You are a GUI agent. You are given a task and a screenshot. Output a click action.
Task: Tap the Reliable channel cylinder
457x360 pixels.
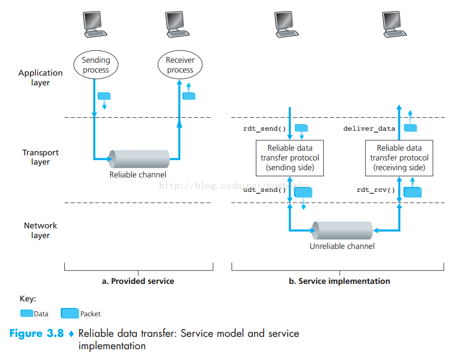tap(139, 159)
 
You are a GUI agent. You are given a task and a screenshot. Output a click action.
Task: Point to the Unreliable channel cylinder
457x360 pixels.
tap(342, 230)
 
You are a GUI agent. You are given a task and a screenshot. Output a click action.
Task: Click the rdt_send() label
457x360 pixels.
tap(265, 129)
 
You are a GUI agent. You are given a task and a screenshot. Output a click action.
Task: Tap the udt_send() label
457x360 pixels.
tap(265, 190)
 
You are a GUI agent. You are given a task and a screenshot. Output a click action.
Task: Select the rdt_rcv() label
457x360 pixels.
tap(376, 190)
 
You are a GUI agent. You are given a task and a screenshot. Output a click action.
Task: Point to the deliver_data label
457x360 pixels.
tap(369, 129)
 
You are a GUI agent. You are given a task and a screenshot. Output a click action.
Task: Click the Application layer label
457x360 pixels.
tap(41, 78)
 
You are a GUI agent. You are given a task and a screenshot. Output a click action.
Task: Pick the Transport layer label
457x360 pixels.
tap(41, 157)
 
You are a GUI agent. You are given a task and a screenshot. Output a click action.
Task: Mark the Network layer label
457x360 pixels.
tap(41, 230)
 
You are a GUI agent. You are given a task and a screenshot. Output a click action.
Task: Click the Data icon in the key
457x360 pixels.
tap(27, 313)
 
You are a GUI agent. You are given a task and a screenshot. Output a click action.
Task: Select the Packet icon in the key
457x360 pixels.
tap(70, 313)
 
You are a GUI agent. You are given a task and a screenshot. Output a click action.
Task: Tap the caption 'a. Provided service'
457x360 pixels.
tap(138, 281)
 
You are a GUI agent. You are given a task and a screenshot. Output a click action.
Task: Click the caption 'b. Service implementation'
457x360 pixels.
tap(339, 281)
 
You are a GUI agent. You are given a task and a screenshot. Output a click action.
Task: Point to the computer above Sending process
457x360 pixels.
tap(95, 25)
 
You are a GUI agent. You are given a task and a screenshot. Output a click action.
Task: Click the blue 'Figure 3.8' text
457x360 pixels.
tap(37, 333)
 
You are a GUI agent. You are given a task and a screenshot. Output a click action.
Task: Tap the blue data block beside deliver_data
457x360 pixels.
tap(410, 128)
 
